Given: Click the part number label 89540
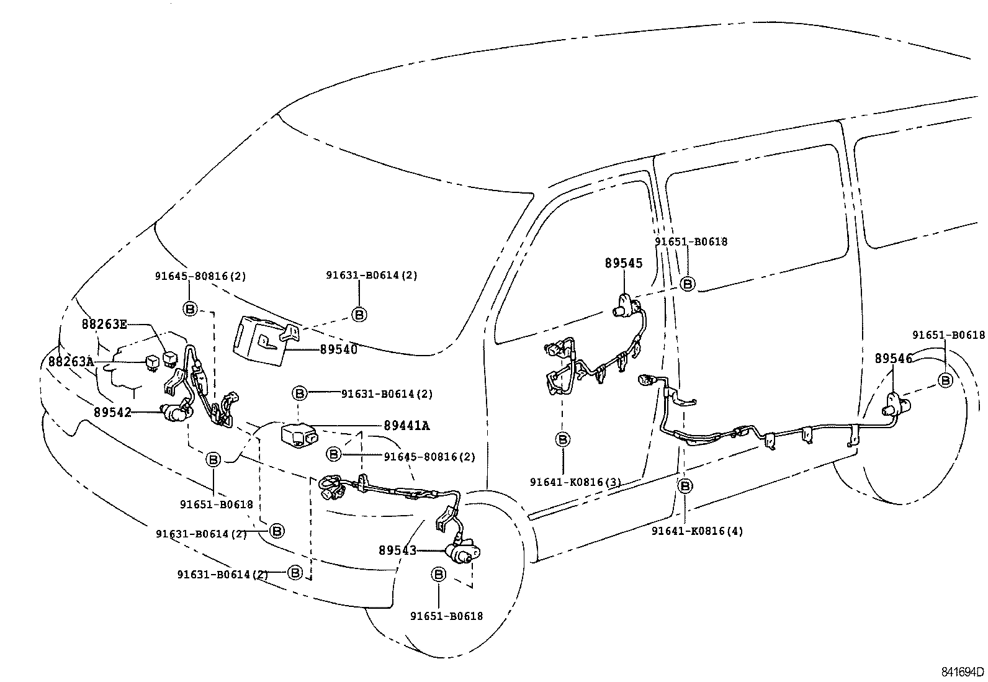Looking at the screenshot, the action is point(338,349).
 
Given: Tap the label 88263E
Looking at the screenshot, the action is point(104,324).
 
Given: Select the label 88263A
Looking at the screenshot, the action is point(71,362).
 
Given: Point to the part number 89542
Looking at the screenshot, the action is point(112,413).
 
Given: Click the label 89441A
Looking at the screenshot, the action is point(406,425).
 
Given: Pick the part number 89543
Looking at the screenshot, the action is point(397,550).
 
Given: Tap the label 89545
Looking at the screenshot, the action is point(624,263).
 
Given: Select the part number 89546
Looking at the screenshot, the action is point(894,358).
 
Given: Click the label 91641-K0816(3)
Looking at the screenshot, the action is point(575,482).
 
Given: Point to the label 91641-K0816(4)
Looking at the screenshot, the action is point(698,531).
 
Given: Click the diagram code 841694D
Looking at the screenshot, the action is point(963,672).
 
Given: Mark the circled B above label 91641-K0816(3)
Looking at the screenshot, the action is point(563,439).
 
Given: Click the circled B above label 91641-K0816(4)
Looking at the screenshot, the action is point(685,486).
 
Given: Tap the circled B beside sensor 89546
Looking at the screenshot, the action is point(945,380).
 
